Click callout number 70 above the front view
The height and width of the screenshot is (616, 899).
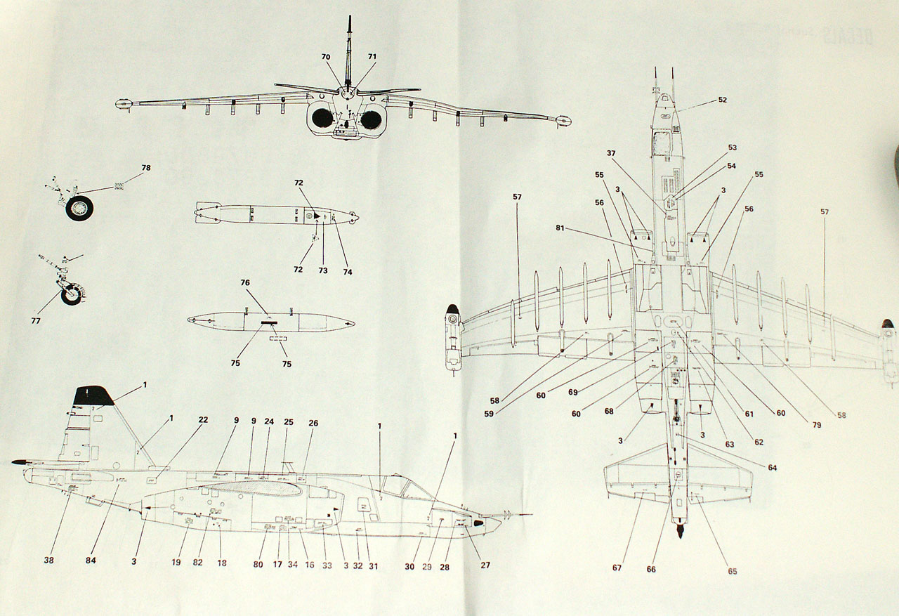tap(327, 56)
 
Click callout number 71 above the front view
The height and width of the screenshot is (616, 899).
tap(372, 56)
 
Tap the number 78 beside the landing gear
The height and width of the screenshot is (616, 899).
tap(145, 168)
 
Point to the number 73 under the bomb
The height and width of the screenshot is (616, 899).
tap(323, 270)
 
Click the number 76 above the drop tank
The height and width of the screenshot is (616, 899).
tap(245, 282)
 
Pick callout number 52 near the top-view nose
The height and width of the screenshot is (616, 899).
tap(723, 100)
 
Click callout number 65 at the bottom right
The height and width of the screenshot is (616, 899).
tap(733, 571)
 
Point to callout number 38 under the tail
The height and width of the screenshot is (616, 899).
tap(48, 560)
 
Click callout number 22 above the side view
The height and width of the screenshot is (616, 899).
tap(203, 419)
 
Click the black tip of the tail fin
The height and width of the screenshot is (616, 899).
tap(92, 395)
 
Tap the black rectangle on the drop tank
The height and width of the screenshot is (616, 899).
tap(270, 324)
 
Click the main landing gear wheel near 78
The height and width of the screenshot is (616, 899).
tap(80, 207)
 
